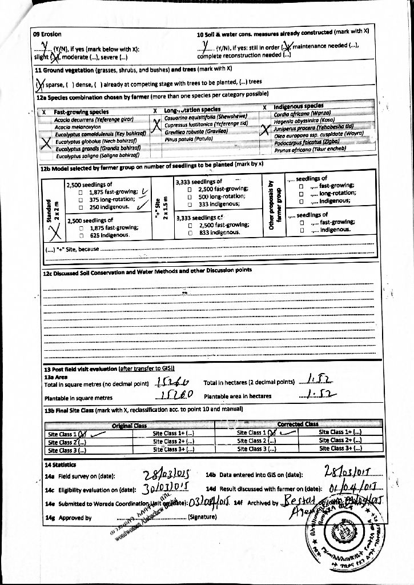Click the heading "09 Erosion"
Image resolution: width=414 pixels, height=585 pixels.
click(47, 34)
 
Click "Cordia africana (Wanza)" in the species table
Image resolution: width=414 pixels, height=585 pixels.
click(303, 113)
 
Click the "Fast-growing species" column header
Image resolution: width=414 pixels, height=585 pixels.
click(82, 112)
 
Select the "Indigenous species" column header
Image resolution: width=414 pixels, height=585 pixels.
click(299, 107)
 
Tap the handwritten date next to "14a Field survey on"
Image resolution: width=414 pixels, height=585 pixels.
click(164, 475)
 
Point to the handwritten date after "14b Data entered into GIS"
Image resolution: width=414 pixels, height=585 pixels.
click(347, 473)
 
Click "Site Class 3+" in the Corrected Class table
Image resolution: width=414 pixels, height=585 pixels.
click(339, 449)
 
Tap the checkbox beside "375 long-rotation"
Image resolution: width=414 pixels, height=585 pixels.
click(82, 199)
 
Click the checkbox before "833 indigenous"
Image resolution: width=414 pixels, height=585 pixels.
click(195, 233)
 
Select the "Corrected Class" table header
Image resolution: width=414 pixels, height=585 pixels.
click(297, 424)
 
